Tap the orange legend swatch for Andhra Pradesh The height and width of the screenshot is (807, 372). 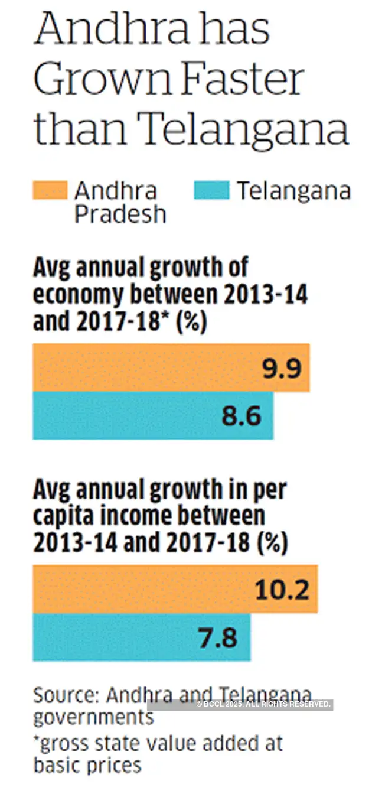click(50, 191)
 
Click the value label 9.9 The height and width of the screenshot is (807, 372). click(282, 369)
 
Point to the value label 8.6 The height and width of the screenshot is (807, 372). click(242, 416)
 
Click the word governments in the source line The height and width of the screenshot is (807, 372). click(93, 718)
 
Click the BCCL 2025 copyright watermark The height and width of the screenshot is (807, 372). click(263, 704)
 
